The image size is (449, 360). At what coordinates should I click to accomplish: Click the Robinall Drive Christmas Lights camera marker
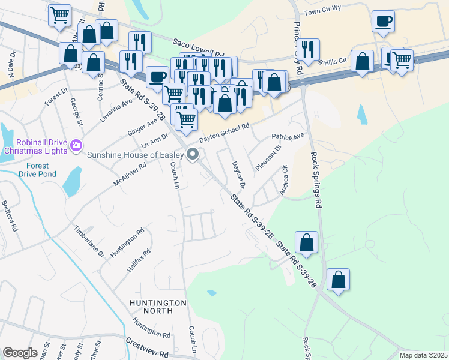click(x=76, y=145)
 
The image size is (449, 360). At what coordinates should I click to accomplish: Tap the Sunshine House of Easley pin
click(x=193, y=155)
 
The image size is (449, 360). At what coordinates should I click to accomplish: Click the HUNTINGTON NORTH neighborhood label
click(x=158, y=308)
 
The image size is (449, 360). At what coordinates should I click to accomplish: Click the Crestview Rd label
click(x=147, y=346)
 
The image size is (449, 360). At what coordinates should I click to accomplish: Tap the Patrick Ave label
click(x=288, y=137)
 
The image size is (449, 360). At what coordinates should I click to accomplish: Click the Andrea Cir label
click(x=284, y=180)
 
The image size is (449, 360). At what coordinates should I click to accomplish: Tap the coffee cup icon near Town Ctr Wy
click(x=382, y=22)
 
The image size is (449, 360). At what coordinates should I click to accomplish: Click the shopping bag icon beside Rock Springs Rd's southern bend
click(x=339, y=280)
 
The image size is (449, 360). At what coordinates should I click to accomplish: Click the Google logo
click(x=20, y=353)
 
